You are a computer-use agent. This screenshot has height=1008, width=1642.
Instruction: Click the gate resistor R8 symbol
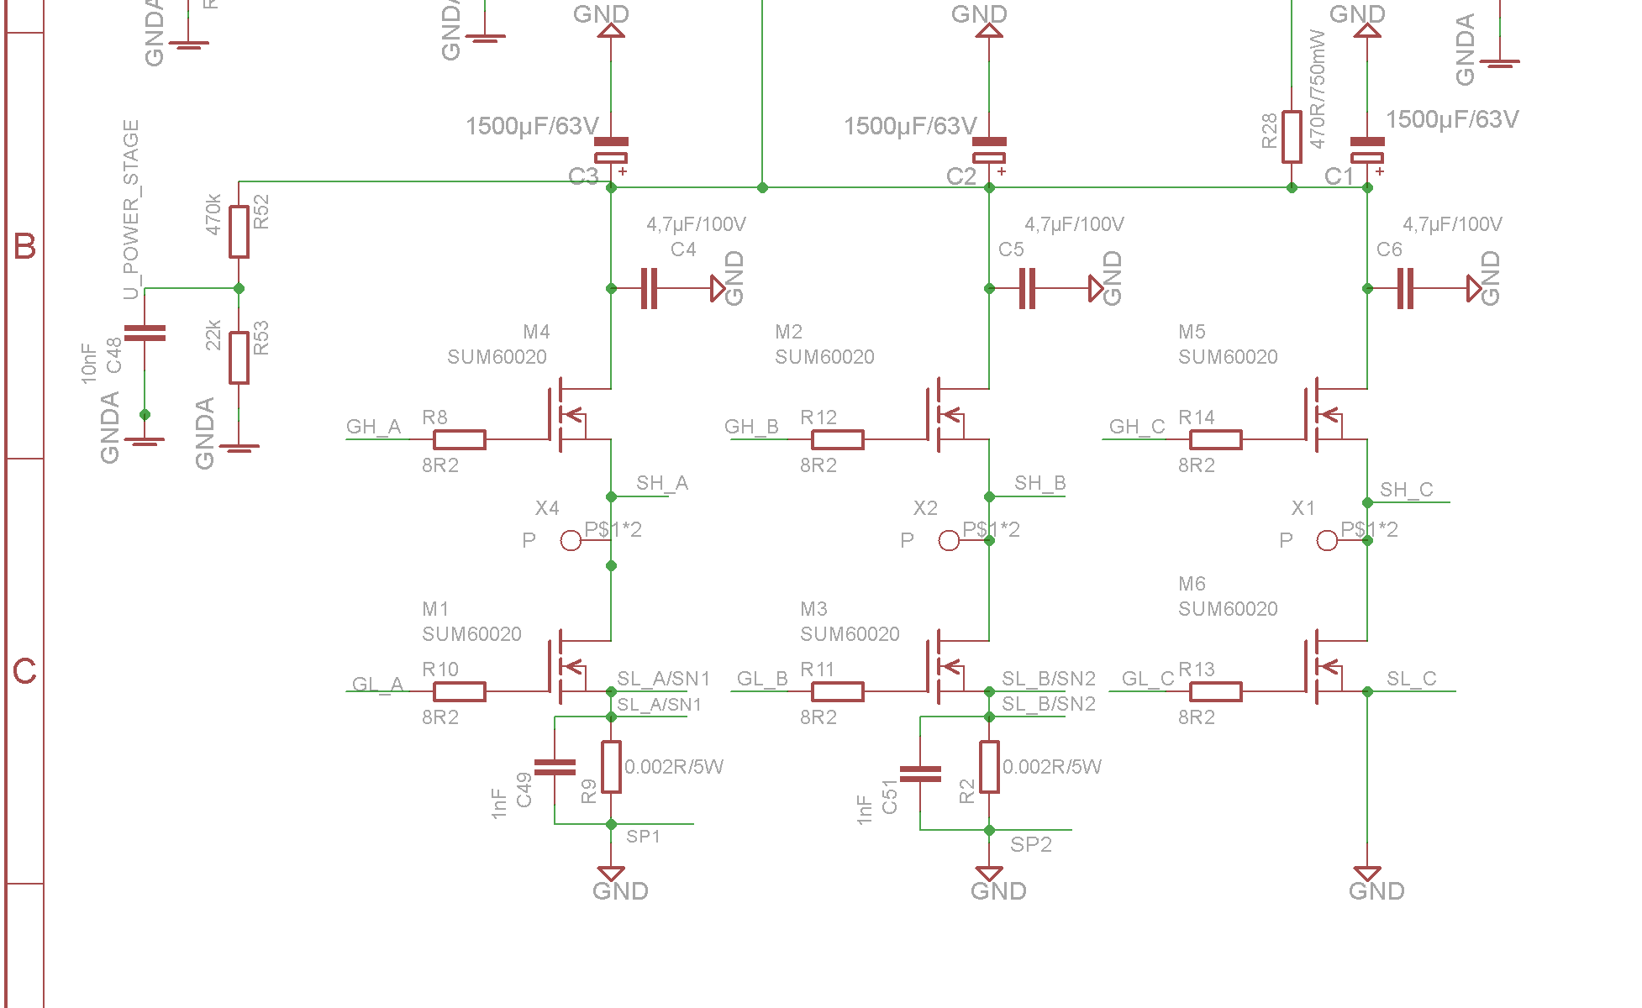pyautogui.click(x=459, y=439)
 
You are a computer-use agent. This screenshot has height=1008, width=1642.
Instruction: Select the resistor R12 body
pyautogui.click(x=837, y=439)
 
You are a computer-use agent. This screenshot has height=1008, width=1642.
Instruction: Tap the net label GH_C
pyautogui.click(x=1136, y=427)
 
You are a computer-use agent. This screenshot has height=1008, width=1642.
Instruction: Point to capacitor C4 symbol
pyautogui.click(x=649, y=288)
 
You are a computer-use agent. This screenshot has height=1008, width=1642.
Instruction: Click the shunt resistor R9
pyautogui.click(x=611, y=767)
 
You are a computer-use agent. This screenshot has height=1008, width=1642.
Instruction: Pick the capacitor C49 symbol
pyautogui.click(x=555, y=767)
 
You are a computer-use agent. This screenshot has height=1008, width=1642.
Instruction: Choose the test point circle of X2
pyautogui.click(x=949, y=540)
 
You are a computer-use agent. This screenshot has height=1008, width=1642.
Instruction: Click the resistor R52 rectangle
pyautogui.click(x=239, y=232)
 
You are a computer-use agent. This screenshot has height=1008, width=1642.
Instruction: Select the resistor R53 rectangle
pyautogui.click(x=239, y=358)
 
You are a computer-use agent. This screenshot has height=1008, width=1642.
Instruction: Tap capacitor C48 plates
pyautogui.click(x=145, y=333)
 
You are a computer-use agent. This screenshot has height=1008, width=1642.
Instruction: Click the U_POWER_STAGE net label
pyautogui.click(x=131, y=209)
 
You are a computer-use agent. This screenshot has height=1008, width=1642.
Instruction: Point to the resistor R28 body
pyautogui.click(x=1292, y=137)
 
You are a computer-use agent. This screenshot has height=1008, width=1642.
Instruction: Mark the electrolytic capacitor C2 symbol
pyautogui.click(x=989, y=150)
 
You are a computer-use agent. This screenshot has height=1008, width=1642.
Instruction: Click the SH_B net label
pyautogui.click(x=1039, y=483)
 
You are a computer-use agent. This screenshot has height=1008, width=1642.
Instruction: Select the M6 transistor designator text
pyautogui.click(x=1192, y=584)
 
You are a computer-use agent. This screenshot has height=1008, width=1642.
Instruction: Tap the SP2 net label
pyautogui.click(x=1030, y=844)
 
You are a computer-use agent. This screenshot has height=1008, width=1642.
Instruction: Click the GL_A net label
pyautogui.click(x=377, y=684)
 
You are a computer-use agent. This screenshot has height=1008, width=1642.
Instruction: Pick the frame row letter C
pyautogui.click(x=24, y=671)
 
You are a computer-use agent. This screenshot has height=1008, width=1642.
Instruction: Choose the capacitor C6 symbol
pyautogui.click(x=1405, y=288)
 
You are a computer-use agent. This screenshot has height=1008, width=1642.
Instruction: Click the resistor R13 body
pyautogui.click(x=1215, y=691)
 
